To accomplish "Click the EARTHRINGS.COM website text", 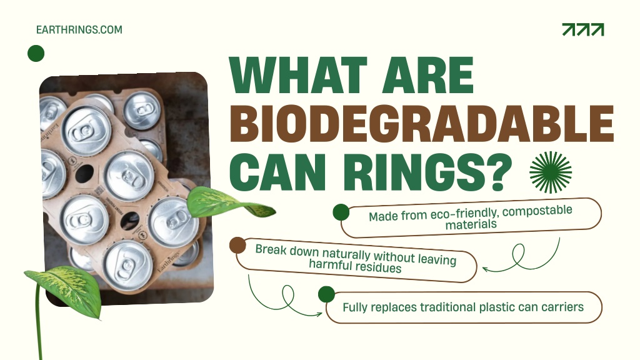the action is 79,30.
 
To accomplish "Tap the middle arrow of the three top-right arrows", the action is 583,29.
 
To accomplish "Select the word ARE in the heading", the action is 427,76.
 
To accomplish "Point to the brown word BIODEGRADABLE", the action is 422,123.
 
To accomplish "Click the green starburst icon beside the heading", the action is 551,172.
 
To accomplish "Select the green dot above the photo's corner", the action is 36,54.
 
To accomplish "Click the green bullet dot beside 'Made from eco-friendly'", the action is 341,212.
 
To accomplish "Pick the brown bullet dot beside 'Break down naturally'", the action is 237,245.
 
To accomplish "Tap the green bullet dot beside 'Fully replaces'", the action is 326,294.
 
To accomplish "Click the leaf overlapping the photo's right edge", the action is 229,203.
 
